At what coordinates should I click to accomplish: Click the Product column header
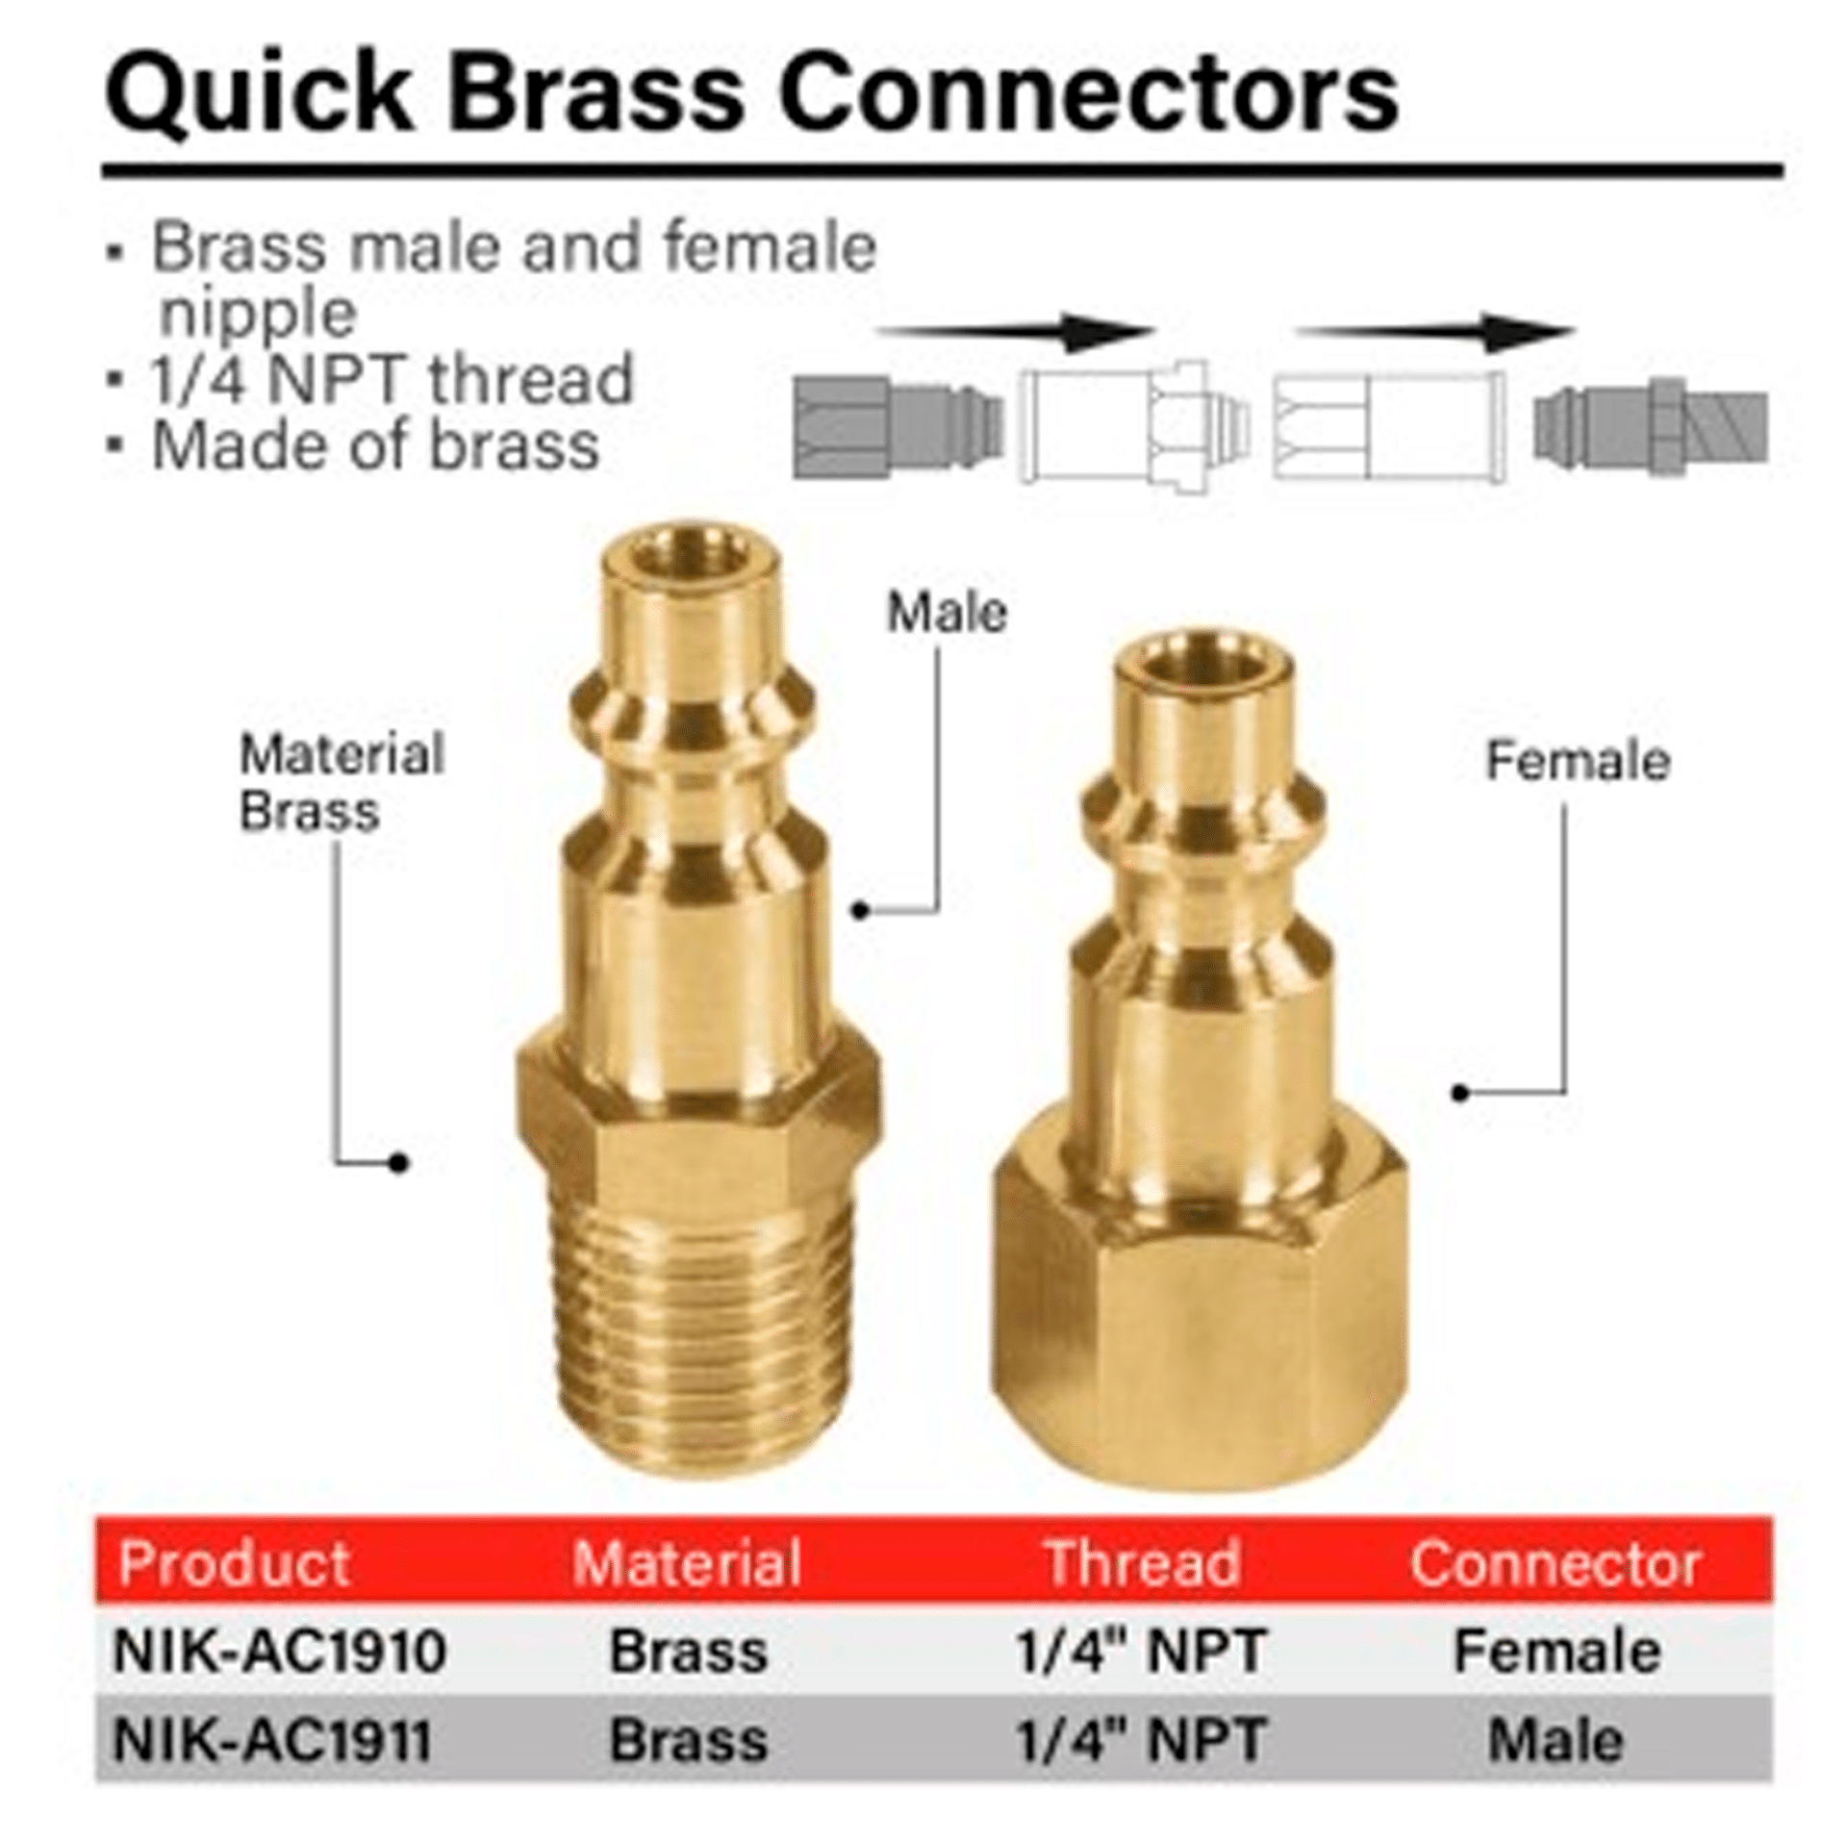(x=234, y=1563)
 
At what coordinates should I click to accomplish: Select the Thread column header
(x=1142, y=1563)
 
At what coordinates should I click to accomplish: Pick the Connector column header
(x=1556, y=1563)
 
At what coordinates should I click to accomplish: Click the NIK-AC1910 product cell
(x=280, y=1651)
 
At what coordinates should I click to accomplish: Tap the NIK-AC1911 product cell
(x=272, y=1739)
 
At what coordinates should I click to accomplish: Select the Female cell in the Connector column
(x=1556, y=1651)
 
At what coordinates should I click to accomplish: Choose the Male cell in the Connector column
(x=1556, y=1739)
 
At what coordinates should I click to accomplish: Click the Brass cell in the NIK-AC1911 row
(x=689, y=1739)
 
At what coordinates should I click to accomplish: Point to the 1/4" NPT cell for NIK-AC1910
(x=1141, y=1651)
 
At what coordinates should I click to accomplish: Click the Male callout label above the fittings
(x=947, y=612)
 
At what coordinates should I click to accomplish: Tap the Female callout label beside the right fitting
(x=1578, y=761)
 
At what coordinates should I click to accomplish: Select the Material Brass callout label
(x=342, y=782)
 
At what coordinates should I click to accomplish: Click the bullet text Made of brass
(x=375, y=446)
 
